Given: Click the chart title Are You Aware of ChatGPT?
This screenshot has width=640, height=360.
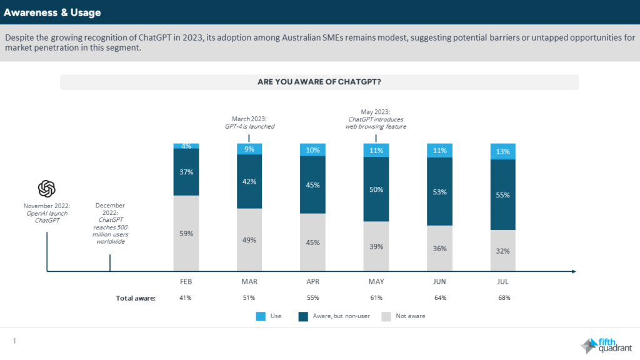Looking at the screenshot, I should [319, 82].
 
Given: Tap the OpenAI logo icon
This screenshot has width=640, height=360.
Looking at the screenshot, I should [47, 189].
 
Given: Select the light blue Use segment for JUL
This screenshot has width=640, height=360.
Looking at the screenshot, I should [502, 151].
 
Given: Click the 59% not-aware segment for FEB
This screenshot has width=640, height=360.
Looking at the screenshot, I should [186, 233].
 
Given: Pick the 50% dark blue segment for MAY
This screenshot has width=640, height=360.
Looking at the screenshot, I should [376, 189].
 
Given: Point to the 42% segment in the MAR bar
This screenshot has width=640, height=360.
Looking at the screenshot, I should [249, 181].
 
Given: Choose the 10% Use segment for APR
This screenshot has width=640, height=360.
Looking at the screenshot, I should [312, 150].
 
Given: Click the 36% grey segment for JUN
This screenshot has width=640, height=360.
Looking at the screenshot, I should [439, 248].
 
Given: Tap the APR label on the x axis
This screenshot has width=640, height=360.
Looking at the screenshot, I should [312, 282].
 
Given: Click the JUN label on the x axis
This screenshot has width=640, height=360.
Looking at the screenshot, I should [439, 282].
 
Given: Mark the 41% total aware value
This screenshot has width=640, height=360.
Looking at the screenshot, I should [186, 298].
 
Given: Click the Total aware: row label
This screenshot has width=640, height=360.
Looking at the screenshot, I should [136, 298].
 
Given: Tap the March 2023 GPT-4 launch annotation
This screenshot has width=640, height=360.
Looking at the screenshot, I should [249, 122].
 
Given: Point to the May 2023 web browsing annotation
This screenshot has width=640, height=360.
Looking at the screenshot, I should [376, 119].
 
